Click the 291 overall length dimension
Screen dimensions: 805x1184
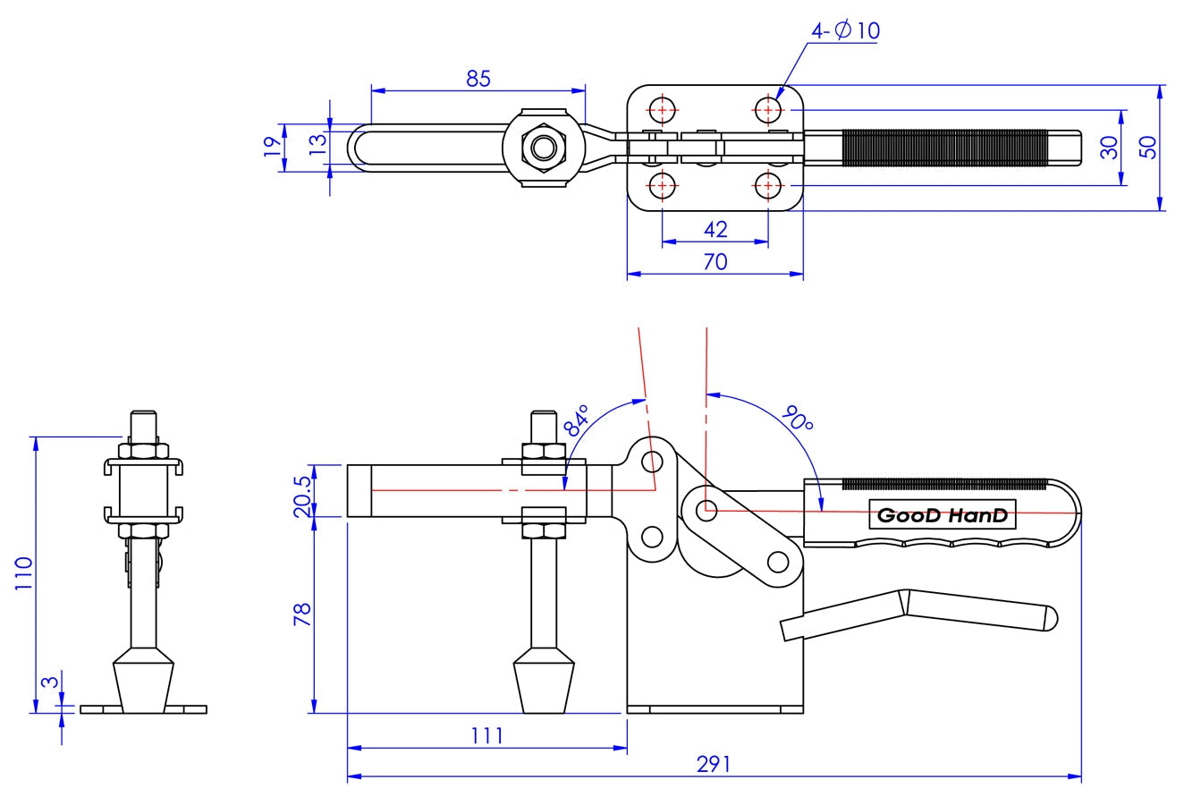click(x=715, y=764)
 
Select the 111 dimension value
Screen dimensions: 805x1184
click(x=487, y=735)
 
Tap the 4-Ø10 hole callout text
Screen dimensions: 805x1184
click(x=845, y=30)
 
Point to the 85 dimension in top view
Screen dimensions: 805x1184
click(x=478, y=78)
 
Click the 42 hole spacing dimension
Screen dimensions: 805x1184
click(x=715, y=230)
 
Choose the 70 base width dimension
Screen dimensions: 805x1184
click(x=715, y=261)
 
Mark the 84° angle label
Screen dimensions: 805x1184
click(x=578, y=419)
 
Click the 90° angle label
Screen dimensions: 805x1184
click(x=797, y=419)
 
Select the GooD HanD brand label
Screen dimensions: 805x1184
click(x=942, y=514)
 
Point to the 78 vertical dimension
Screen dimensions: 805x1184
click(x=301, y=614)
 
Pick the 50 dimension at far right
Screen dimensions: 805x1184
click(x=1150, y=148)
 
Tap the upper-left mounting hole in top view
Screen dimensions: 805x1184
click(x=662, y=110)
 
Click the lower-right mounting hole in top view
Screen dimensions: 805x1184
click(x=767, y=186)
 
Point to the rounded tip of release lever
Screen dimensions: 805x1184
click(x=1051, y=617)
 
